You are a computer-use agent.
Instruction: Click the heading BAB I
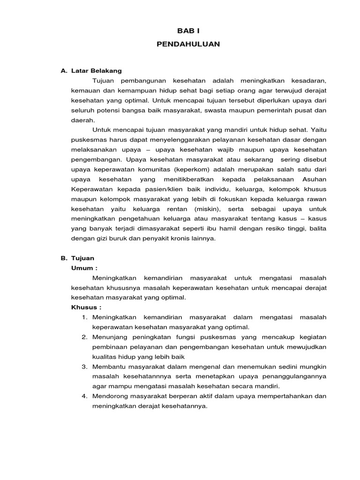[188, 31]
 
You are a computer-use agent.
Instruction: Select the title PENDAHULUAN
[188, 44]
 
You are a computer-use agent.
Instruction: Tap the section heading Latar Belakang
[97, 71]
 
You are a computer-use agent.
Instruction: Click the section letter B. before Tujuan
[64, 258]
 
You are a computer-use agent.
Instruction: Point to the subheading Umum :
[84, 268]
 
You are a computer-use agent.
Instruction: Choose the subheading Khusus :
[86, 307]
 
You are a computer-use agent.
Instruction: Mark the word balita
[317, 228]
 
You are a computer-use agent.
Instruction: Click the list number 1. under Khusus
[84, 317]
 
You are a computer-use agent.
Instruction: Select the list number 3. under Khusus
[84, 367]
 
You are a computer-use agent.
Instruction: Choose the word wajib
[220, 150]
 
